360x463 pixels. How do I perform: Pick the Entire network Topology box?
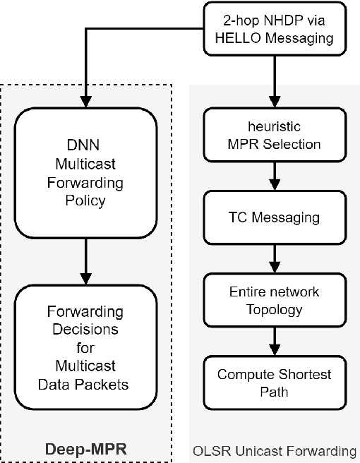(x=273, y=299)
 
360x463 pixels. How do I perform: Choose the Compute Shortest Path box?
(x=273, y=382)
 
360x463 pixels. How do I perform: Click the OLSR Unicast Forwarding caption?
(x=274, y=450)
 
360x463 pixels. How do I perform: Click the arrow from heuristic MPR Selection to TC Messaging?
(x=273, y=177)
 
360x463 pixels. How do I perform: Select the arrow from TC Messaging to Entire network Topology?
(x=273, y=258)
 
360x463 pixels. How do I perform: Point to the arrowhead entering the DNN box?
(x=85, y=101)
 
